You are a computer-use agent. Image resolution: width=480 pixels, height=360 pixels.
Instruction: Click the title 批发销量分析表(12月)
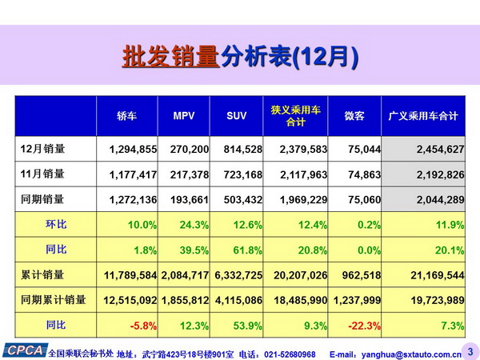click(240, 58)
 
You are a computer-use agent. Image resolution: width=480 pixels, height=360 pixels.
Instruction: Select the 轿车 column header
click(127, 117)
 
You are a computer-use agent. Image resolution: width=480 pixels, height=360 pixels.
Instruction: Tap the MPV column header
click(184, 117)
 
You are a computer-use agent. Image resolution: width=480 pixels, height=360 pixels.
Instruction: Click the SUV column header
click(237, 117)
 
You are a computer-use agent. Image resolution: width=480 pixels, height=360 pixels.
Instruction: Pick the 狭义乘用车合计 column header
click(295, 117)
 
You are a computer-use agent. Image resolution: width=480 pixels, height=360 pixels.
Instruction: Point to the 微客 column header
click(354, 117)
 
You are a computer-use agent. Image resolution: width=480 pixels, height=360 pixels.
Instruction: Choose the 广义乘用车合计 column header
click(422, 117)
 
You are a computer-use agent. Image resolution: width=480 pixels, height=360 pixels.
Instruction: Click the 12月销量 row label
click(43, 148)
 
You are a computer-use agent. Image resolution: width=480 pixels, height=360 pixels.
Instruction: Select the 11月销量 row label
click(43, 174)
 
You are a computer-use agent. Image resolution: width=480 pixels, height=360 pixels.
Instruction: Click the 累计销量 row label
click(43, 275)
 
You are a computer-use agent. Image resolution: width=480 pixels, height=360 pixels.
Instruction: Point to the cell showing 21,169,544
click(434, 276)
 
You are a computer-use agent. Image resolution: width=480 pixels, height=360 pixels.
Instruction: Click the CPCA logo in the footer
click(24, 350)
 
